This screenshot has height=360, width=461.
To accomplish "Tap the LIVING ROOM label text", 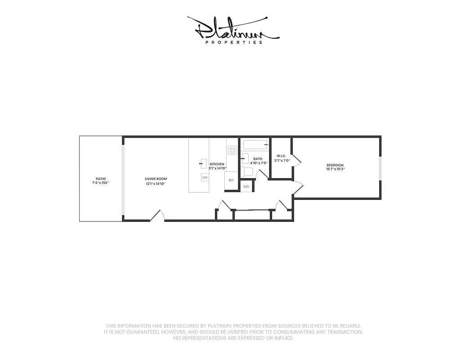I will click(156, 179).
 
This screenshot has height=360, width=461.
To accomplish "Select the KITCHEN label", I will click(217, 164).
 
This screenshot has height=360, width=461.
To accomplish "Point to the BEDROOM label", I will click(335, 165).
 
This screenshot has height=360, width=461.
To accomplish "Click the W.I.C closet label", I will click(281, 156).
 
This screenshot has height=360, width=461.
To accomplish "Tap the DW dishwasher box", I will click(205, 178).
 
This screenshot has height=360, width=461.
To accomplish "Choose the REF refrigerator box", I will click(231, 180).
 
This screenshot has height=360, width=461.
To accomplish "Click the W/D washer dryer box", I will click(246, 186).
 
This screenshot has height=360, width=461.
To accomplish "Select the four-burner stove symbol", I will click(233, 150).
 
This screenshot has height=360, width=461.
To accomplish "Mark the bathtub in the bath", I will click(255, 144).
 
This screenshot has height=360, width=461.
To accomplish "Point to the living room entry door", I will click(157, 216).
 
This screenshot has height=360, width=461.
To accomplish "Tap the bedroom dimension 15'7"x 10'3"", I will click(335, 170).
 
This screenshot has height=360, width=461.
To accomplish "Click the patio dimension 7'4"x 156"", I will click(101, 183).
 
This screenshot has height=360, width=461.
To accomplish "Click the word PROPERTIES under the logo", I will click(233, 43).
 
